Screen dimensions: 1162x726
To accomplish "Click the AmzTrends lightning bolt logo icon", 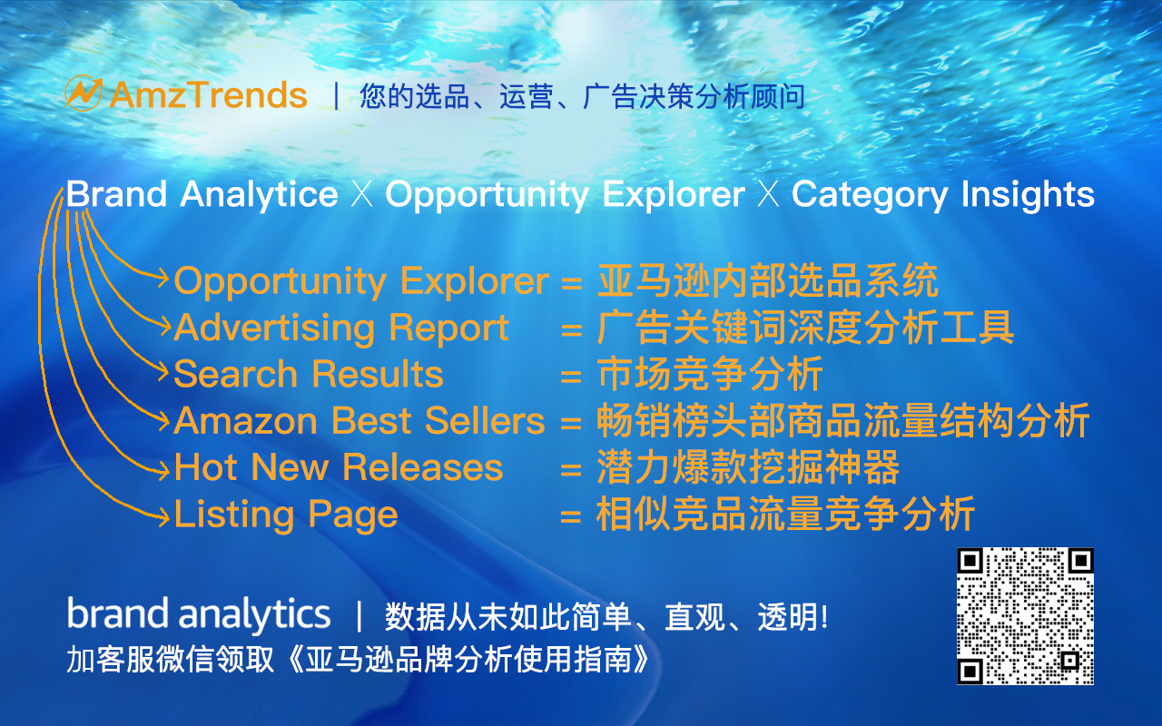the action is click(x=83, y=93).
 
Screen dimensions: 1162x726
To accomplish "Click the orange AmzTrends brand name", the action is click(x=209, y=95).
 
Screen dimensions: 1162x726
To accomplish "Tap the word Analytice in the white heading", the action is click(x=259, y=195).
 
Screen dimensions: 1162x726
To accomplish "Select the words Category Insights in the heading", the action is click(x=943, y=195).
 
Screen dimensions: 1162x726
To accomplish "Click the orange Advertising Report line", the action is click(x=341, y=329).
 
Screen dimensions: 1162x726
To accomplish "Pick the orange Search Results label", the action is click(x=309, y=373).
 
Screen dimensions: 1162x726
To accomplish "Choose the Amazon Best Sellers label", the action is click(x=359, y=420).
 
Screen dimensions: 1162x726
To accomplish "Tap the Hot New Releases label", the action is click(x=339, y=466).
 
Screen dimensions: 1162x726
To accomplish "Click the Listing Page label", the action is click(x=286, y=515).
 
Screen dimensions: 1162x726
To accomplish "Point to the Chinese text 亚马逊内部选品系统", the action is click(x=768, y=281).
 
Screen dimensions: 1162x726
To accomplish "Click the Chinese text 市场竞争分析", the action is click(x=710, y=373).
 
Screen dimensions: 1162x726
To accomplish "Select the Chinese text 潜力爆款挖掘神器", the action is click(x=748, y=466).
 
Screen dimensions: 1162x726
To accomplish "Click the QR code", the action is click(x=1025, y=616).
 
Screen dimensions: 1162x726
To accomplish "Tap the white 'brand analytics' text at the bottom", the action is click(x=199, y=614).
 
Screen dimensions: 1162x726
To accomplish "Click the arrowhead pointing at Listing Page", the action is click(x=164, y=517).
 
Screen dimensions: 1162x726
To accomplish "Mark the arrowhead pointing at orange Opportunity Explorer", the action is click(x=162, y=279).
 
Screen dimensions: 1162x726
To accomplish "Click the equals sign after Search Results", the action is click(x=571, y=376).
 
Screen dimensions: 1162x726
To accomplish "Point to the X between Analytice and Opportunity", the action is click(x=361, y=195).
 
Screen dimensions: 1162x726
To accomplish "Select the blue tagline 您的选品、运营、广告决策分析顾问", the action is click(x=582, y=96).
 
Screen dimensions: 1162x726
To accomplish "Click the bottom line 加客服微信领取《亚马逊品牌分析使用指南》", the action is click(x=358, y=659).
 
